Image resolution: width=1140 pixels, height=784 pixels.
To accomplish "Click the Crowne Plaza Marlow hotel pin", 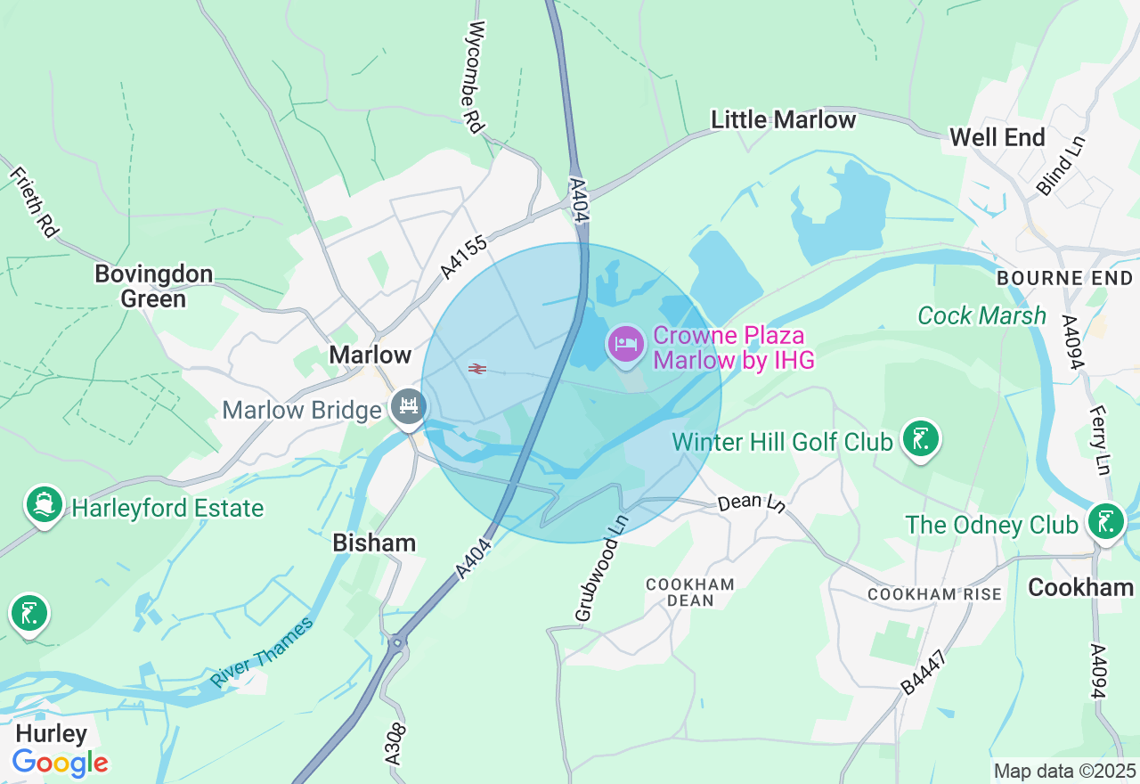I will tap(626, 344).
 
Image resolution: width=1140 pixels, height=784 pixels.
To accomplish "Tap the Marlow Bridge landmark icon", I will tap(409, 407).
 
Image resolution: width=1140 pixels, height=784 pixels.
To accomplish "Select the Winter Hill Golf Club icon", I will tap(920, 438).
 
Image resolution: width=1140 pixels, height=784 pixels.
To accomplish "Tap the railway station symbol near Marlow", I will tap(477, 368).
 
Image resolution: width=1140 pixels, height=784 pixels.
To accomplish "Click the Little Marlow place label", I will tap(783, 119).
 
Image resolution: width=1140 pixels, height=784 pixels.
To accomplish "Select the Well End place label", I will tap(997, 137).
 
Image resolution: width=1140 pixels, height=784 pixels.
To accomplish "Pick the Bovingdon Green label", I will tap(154, 285).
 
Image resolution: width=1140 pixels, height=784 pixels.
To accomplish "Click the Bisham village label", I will tap(374, 542).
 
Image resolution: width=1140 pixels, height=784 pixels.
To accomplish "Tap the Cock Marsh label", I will tap(981, 315).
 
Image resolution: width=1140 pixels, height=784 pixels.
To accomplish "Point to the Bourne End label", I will tap(1064, 279).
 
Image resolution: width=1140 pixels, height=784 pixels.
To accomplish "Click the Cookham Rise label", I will tap(934, 594).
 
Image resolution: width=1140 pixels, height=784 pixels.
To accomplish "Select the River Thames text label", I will tap(263, 652).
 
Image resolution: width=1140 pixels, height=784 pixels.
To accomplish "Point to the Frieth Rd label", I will tap(34, 200).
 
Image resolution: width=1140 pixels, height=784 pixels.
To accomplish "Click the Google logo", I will tap(60, 763).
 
